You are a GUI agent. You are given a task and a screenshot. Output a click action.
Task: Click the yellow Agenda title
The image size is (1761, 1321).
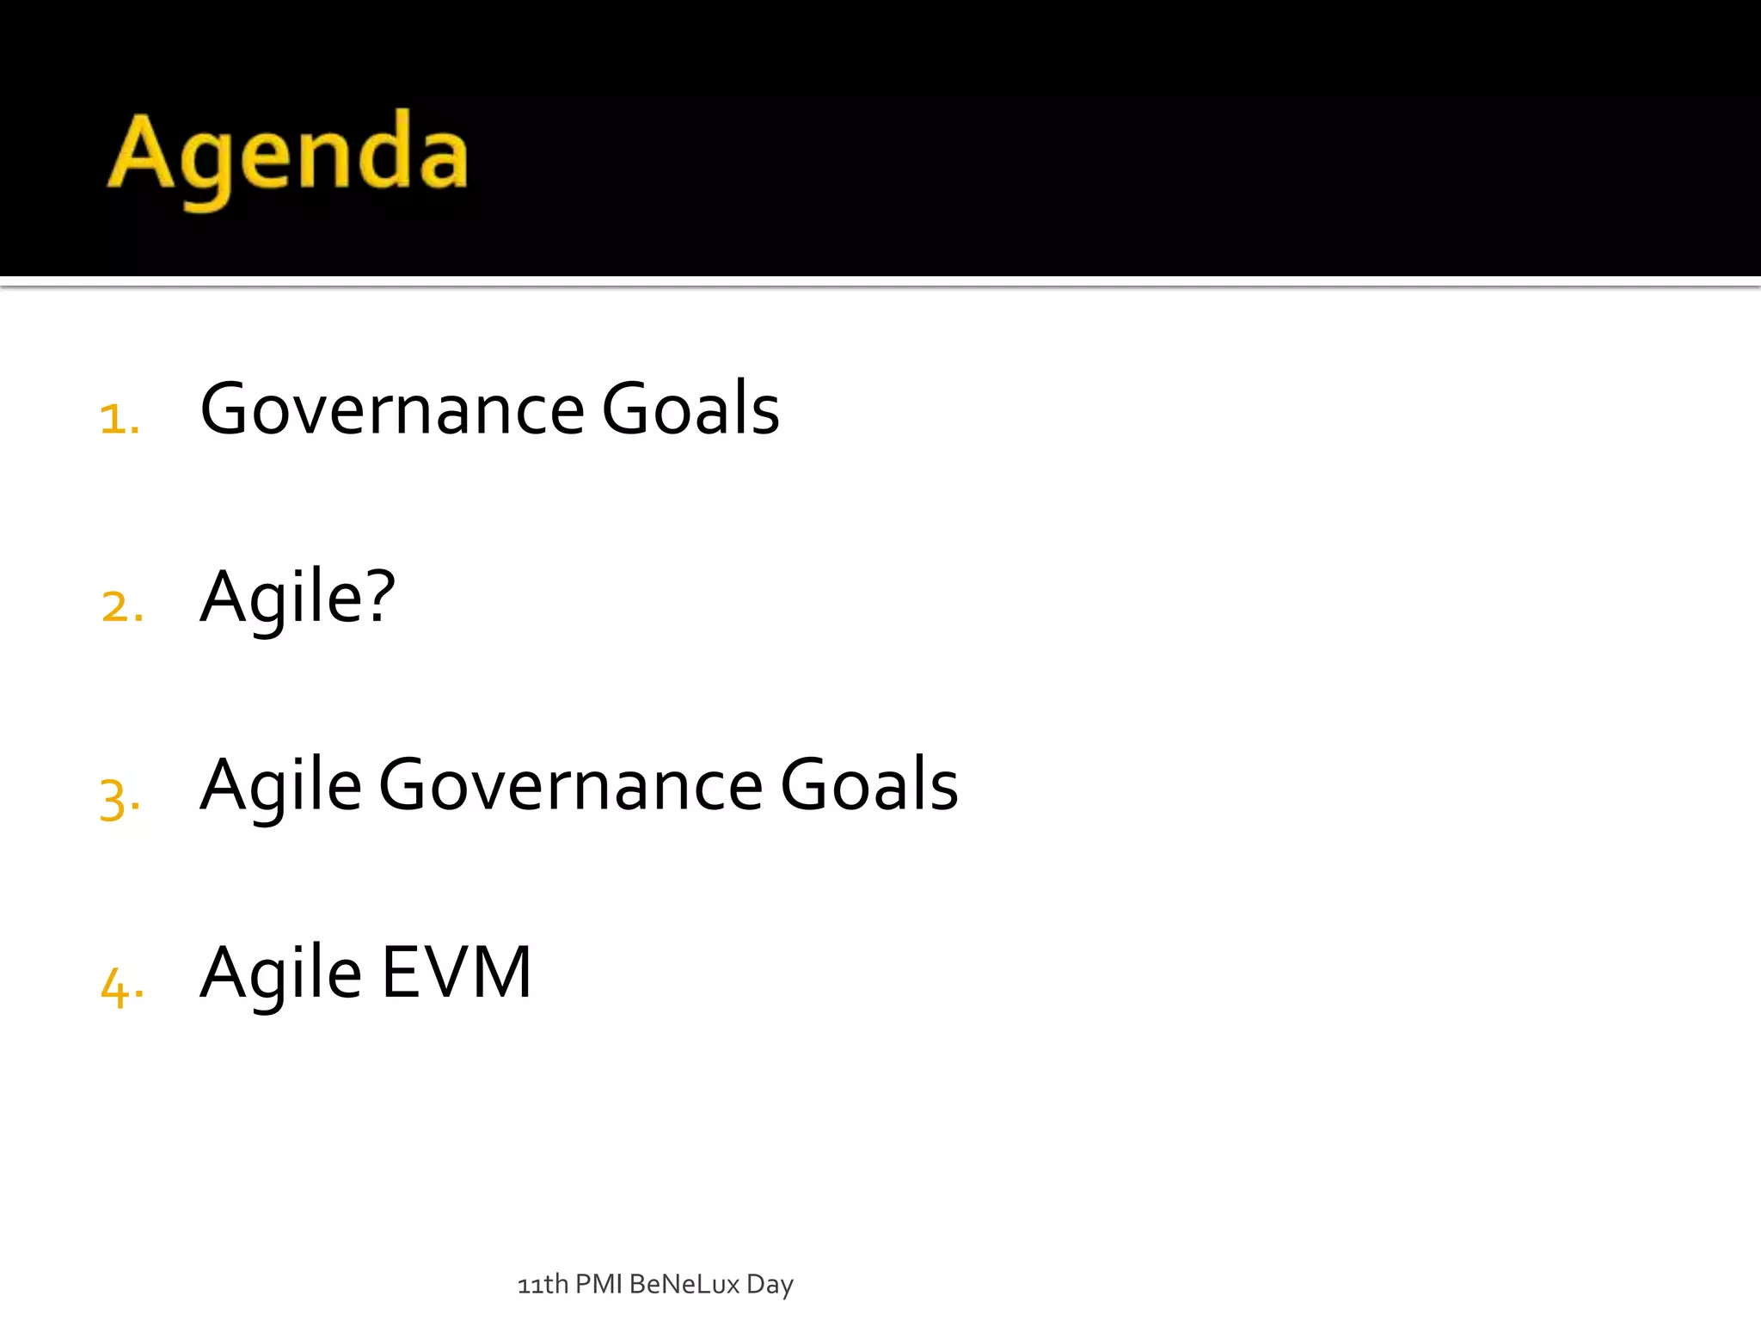(288, 155)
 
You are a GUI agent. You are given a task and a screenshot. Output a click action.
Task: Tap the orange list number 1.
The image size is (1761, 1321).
(120, 420)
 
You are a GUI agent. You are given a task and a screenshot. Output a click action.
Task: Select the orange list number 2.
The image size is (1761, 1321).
(122, 606)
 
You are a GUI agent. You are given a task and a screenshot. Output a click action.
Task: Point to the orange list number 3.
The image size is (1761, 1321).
(120, 798)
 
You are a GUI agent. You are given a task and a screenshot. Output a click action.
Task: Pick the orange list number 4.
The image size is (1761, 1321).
(122, 986)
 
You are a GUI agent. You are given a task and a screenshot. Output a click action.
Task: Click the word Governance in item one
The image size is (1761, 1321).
(392, 409)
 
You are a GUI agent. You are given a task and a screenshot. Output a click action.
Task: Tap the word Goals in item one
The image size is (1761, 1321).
(690, 409)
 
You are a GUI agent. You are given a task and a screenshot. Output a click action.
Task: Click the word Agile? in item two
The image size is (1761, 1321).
(298, 598)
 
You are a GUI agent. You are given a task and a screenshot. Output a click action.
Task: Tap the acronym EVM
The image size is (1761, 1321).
(457, 972)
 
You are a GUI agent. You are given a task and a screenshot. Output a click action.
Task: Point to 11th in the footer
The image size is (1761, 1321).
(543, 1285)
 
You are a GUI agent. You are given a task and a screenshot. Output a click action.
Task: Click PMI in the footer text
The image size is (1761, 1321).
(598, 1284)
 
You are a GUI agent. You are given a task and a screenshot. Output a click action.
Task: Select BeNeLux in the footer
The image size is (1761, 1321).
(684, 1284)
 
